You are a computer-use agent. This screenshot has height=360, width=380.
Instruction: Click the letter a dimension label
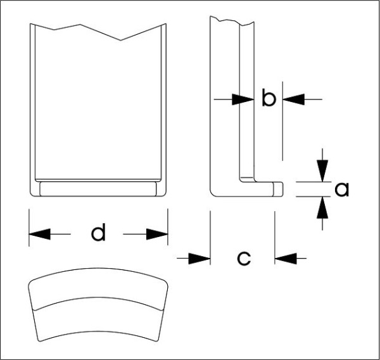click(342, 189)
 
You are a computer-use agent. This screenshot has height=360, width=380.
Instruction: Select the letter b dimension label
click(269, 99)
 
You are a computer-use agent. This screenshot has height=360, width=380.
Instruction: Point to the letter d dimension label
click(98, 234)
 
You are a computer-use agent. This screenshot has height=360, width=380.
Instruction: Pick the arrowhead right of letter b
click(293, 99)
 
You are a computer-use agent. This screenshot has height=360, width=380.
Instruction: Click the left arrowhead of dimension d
click(39, 234)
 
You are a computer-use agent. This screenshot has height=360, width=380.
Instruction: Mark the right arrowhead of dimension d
click(157, 234)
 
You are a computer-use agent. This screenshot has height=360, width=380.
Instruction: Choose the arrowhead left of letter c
click(200, 257)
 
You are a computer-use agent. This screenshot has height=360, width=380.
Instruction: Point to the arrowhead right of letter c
click(284, 257)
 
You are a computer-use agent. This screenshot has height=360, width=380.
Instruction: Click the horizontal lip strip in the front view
click(98, 188)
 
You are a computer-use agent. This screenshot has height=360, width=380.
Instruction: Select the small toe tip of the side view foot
click(278, 188)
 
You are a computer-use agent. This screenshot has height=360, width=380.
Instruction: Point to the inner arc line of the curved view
click(98, 300)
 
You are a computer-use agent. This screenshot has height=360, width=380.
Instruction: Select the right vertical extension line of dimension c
click(274, 235)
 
